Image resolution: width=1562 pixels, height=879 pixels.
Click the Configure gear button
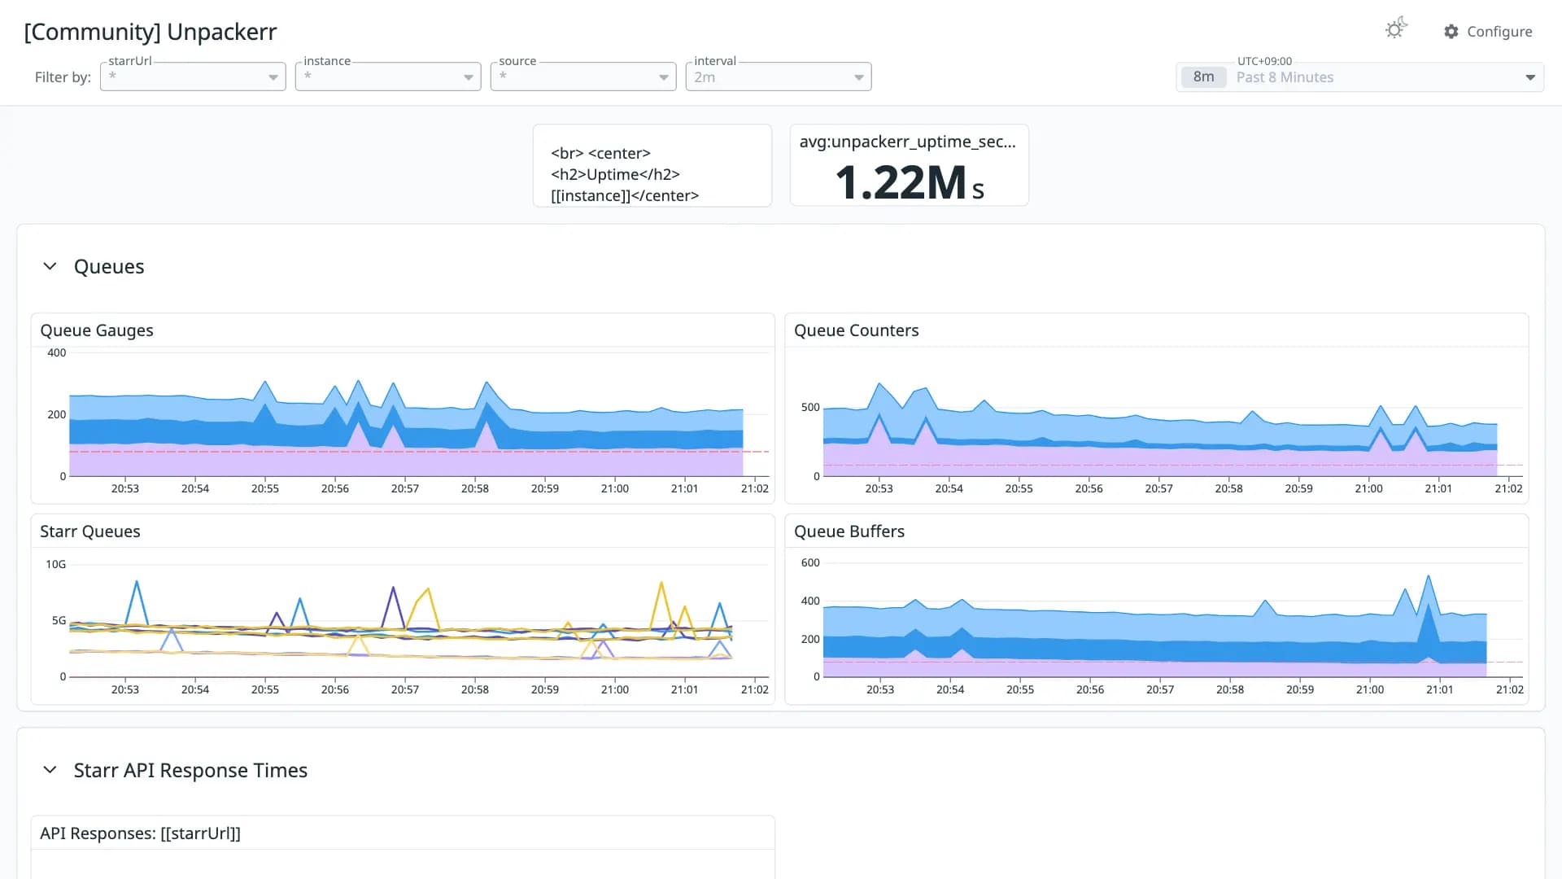[1488, 32]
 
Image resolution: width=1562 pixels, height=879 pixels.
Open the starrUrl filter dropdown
[193, 77]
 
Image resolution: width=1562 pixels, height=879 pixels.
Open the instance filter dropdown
[388, 77]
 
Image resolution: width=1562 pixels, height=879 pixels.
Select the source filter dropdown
[583, 77]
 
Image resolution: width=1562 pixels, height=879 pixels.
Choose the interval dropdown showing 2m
[779, 77]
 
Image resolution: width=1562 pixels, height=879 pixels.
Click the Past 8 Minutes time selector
[1359, 77]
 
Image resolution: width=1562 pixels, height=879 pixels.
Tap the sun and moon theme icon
[1396, 28]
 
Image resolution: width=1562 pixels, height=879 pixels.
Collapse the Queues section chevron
[50, 266]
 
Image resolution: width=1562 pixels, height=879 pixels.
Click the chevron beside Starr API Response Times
[50, 770]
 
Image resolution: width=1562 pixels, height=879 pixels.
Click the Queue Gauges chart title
[97, 330]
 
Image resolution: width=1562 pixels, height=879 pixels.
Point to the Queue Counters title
[856, 330]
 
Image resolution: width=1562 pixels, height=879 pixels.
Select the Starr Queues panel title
[90, 531]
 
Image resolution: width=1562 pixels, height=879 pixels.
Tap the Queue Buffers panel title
[849, 531]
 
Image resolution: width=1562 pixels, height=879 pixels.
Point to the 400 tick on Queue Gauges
[57, 352]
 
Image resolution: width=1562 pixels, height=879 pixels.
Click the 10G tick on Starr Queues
[56, 564]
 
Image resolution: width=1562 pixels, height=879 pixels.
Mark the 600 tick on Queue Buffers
[810, 562]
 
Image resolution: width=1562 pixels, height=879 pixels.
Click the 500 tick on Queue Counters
[810, 407]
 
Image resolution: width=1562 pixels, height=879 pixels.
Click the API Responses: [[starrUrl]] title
[140, 833]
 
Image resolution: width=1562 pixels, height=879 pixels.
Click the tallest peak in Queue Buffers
[1429, 576]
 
